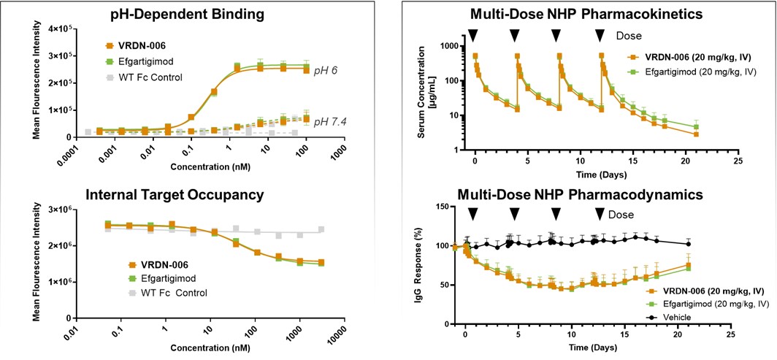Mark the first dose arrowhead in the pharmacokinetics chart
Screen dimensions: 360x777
click(474, 36)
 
